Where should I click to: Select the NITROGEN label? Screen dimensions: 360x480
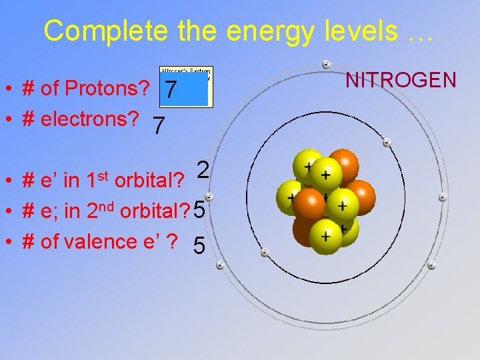[x=401, y=81]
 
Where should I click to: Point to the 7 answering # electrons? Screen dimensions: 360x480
[x=158, y=125]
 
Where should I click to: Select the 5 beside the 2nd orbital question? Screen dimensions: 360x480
[x=199, y=211]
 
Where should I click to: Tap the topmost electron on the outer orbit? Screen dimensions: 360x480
[x=326, y=65]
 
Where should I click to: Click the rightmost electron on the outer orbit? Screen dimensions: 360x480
[x=443, y=197]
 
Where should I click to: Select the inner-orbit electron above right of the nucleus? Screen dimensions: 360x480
[x=387, y=142]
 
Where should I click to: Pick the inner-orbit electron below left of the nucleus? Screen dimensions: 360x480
[x=265, y=253]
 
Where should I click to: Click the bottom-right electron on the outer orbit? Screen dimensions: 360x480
[x=431, y=265]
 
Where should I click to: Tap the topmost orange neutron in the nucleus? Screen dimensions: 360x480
[x=343, y=164]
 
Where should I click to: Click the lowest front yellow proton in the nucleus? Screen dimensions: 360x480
[x=325, y=235]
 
